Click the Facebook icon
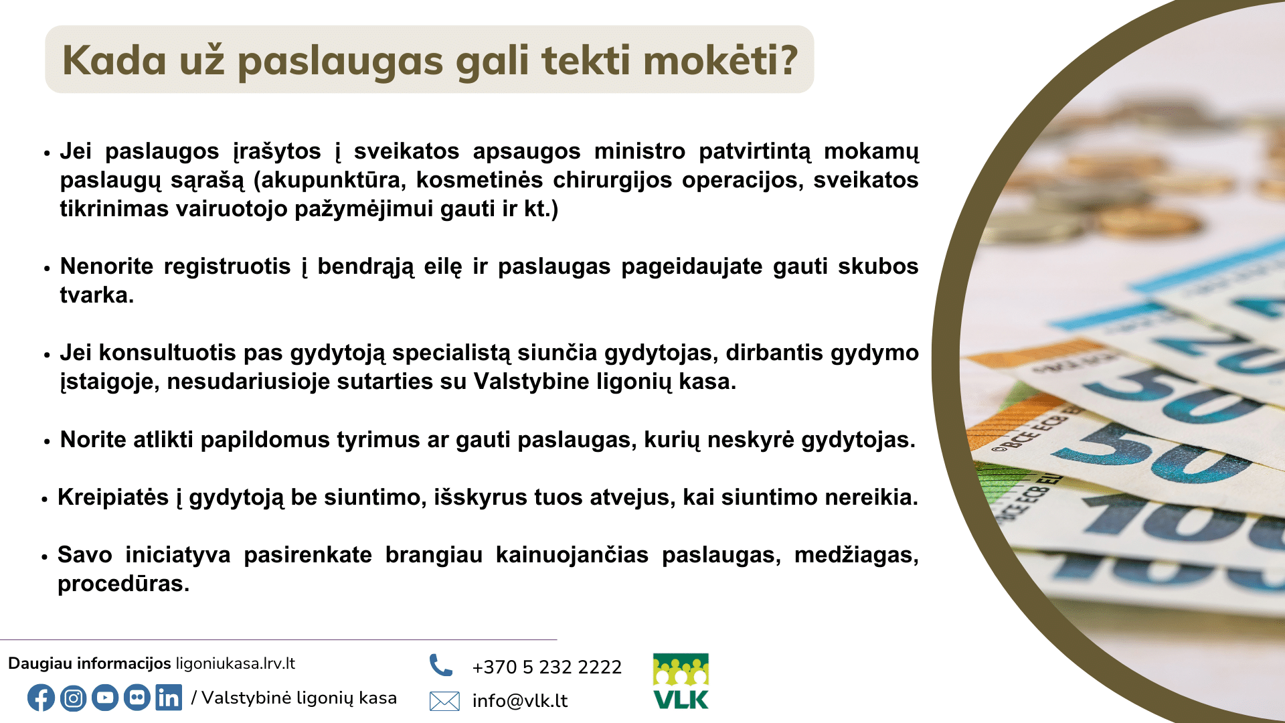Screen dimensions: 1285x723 pos(41,698)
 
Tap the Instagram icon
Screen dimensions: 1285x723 pos(73,698)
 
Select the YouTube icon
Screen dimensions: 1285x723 pos(105,698)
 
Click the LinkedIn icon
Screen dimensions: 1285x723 pos(169,698)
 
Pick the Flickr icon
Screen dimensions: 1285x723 pos(137,698)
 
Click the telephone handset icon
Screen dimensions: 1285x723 pos(441,665)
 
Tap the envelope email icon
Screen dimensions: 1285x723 pos(444,701)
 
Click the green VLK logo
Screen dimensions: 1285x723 pos(681,681)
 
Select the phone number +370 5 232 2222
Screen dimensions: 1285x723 pos(547,667)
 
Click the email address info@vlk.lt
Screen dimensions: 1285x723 pos(520,701)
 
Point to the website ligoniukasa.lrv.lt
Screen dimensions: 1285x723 pos(235,663)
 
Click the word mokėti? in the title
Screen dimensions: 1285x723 pos(721,60)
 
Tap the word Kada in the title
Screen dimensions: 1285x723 pos(114,60)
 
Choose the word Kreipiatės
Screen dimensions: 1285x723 pos(113,497)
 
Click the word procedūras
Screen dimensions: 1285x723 pos(124,584)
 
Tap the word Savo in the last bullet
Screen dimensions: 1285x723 pos(84,555)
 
